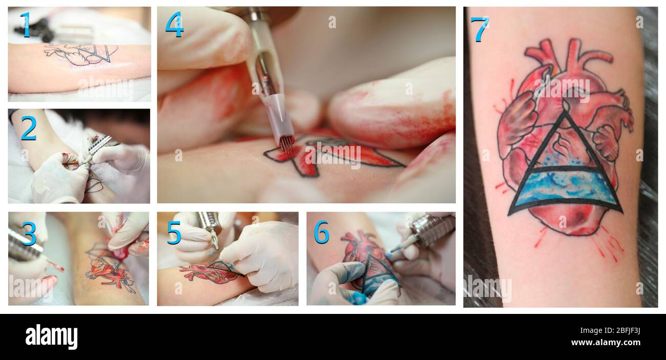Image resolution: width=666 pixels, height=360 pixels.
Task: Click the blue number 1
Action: [x=26, y=25]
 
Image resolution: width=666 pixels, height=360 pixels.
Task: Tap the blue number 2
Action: [x=29, y=128]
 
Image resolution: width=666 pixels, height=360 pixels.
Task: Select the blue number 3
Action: [x=29, y=234]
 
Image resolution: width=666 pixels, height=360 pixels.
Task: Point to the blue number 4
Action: [x=174, y=25]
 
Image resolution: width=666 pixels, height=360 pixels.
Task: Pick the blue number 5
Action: [x=174, y=232]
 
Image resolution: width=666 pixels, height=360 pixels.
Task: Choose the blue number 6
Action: [x=321, y=232]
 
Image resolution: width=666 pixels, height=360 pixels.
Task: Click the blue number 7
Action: [x=480, y=29]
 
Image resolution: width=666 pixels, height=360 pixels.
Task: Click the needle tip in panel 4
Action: [x=286, y=149]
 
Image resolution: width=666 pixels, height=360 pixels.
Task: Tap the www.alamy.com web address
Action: [x=606, y=342]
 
